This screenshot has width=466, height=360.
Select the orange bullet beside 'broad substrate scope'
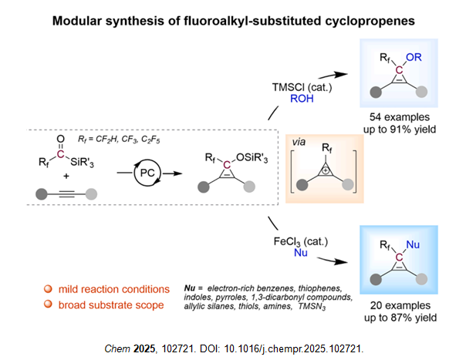coord(48,305)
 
